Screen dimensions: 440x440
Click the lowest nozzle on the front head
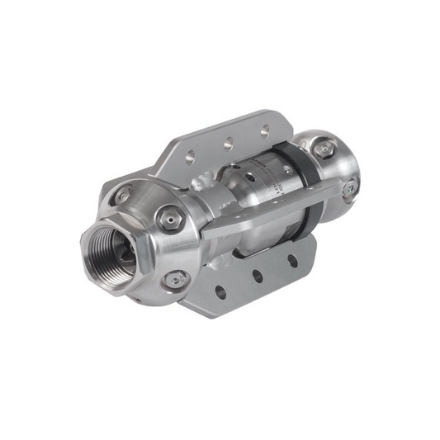(174, 280)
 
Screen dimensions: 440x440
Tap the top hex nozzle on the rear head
(324, 149)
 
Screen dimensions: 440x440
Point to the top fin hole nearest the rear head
(264, 130)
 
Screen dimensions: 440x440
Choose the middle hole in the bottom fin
(258, 276)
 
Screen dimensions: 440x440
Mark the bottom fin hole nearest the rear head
(292, 261)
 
